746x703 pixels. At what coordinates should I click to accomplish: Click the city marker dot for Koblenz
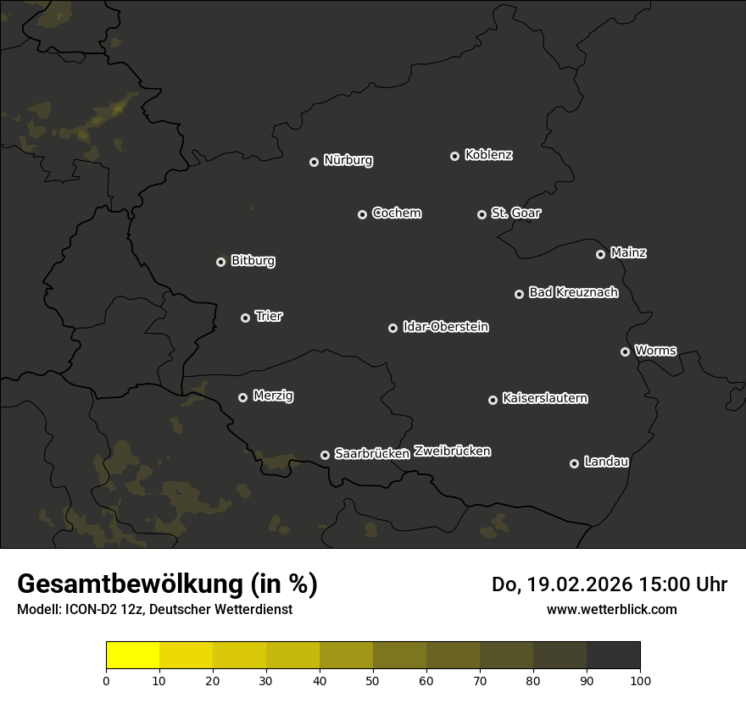click(454, 156)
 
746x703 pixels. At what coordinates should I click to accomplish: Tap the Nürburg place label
click(348, 160)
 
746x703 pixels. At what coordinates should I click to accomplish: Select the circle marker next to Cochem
click(362, 214)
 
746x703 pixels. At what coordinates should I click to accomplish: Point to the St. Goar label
click(515, 213)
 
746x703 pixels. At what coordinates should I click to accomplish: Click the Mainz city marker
click(600, 254)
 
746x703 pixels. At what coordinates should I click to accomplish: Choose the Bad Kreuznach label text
click(573, 292)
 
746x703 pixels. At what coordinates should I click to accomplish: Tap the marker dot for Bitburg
click(220, 263)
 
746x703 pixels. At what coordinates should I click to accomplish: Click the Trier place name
click(269, 316)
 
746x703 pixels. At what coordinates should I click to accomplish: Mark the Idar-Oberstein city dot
click(392, 328)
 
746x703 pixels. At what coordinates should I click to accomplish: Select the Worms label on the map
click(655, 350)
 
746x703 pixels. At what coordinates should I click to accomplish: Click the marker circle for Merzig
click(242, 397)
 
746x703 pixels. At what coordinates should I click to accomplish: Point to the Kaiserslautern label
click(544, 398)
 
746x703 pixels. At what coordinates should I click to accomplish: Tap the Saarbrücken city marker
click(325, 455)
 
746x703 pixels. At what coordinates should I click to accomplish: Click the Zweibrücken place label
click(452, 451)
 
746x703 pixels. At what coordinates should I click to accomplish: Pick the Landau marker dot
click(574, 463)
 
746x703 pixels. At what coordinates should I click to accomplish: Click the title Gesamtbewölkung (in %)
click(167, 584)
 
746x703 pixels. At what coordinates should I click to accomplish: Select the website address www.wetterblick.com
click(611, 609)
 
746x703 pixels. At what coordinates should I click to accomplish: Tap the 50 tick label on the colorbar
click(373, 680)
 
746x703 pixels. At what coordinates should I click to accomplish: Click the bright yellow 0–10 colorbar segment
click(133, 656)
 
